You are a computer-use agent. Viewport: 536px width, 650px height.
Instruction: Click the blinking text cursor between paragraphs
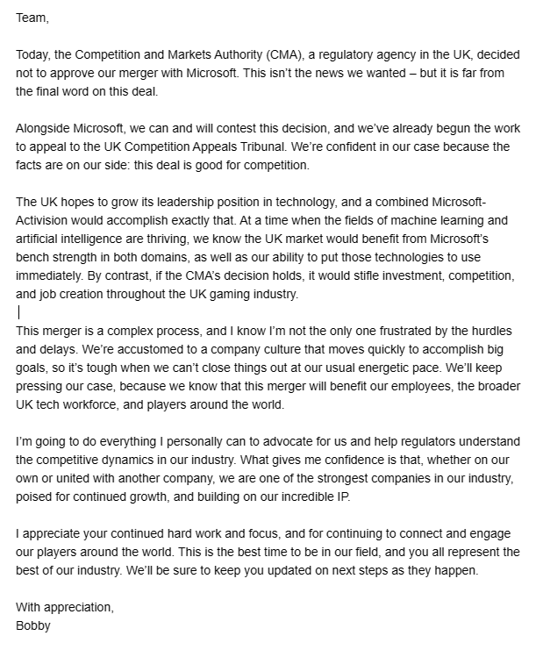pyautogui.click(x=19, y=311)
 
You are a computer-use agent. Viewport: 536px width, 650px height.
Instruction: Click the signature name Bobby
pyautogui.click(x=33, y=625)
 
